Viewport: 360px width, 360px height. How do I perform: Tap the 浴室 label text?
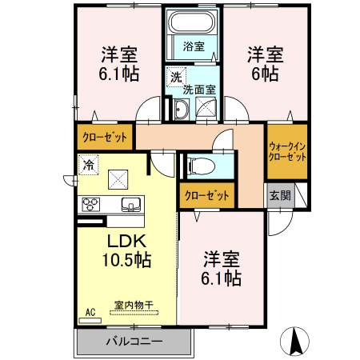[193, 46]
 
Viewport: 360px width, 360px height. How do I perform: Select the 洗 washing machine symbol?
[174, 77]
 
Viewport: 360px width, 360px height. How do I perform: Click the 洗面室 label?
[199, 90]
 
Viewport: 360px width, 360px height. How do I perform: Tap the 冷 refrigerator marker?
[87, 164]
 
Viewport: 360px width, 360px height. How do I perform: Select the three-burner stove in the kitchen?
[89, 204]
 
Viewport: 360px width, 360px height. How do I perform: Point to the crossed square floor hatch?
[119, 178]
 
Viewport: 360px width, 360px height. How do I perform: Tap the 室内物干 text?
[134, 305]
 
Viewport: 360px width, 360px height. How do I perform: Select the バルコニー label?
[134, 342]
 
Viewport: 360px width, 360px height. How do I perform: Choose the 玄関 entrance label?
[279, 195]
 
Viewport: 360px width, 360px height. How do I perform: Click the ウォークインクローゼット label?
[287, 152]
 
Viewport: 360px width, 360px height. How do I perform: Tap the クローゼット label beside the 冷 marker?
[106, 137]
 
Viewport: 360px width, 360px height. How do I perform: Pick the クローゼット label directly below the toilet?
[207, 195]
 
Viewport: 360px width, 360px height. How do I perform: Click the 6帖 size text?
[265, 74]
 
